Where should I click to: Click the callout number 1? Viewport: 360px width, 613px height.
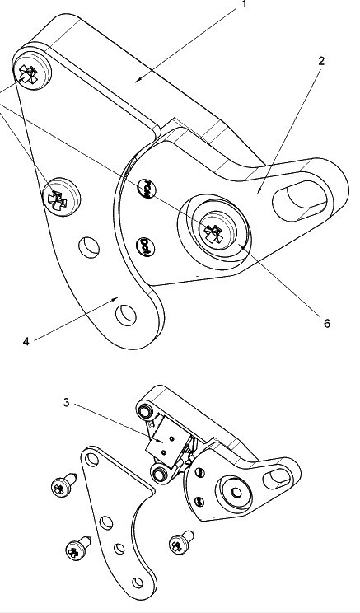pos(245,5)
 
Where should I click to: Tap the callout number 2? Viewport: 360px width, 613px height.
pos(321,61)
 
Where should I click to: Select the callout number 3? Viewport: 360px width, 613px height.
pos(66,402)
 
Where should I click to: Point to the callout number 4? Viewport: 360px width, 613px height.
pos(26,341)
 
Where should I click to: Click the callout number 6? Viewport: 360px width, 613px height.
pos(327,323)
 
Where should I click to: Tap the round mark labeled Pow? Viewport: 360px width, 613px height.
pos(147,190)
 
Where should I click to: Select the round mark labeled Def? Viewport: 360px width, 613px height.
pos(146,247)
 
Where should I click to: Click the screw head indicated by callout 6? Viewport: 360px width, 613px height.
pos(217,230)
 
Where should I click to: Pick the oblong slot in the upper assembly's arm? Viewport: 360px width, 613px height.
pos(300,200)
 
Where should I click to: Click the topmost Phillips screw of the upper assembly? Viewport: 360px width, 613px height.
pos(31,69)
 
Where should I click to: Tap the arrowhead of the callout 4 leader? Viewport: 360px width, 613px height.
pos(116,299)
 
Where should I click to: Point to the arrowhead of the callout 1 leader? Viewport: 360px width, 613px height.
pos(138,80)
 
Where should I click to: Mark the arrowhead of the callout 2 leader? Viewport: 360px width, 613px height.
pos(258,191)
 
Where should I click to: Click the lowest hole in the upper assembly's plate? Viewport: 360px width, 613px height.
pos(125,315)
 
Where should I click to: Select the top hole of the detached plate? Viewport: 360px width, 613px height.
pos(92,459)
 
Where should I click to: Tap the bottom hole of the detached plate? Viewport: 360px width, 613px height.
pos(138,583)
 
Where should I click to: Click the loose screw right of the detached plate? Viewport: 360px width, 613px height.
pos(181,542)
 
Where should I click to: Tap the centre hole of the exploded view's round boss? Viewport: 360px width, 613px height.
pos(236,492)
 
